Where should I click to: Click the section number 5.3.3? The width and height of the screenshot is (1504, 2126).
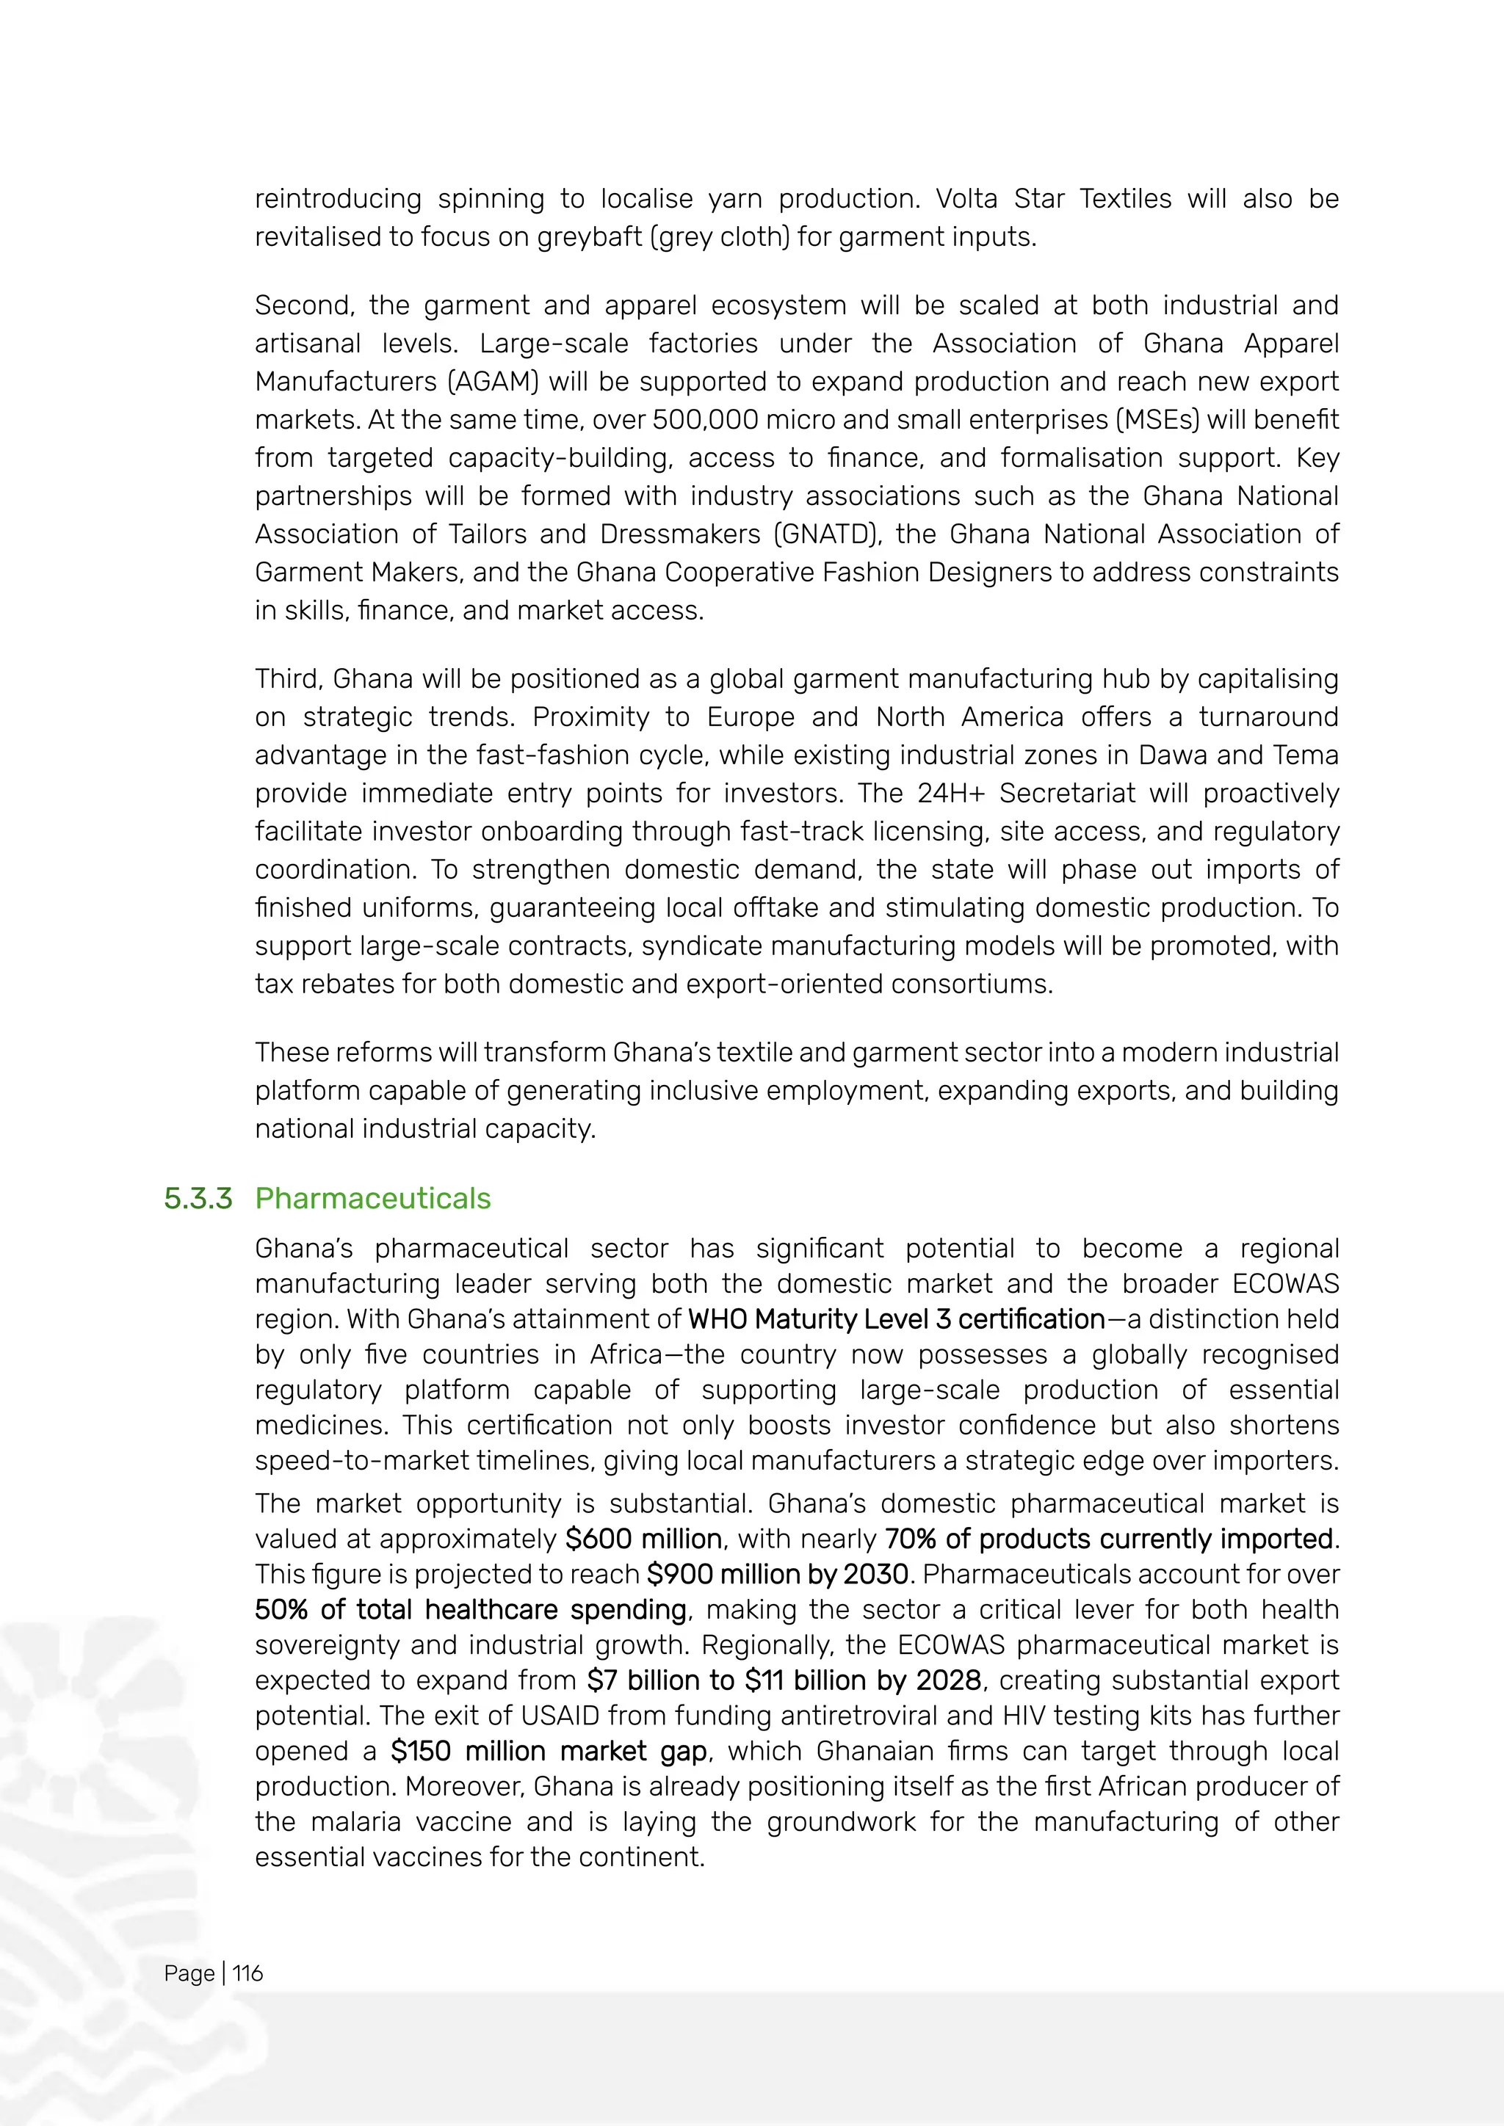point(198,1198)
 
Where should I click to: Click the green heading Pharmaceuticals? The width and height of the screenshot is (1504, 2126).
point(372,1198)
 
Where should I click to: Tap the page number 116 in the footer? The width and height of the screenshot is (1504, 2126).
point(247,1973)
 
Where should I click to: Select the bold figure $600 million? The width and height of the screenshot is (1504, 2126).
point(643,1539)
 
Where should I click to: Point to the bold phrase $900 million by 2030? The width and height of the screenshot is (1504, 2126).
point(777,1574)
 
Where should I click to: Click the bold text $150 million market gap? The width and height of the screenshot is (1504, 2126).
point(549,1751)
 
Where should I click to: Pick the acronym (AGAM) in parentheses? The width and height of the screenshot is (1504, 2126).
point(489,382)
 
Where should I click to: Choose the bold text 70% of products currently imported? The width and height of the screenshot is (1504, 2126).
point(1109,1539)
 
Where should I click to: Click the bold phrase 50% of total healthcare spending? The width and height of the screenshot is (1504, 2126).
point(471,1609)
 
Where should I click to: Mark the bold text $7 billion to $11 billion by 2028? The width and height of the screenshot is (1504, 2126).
point(784,1680)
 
